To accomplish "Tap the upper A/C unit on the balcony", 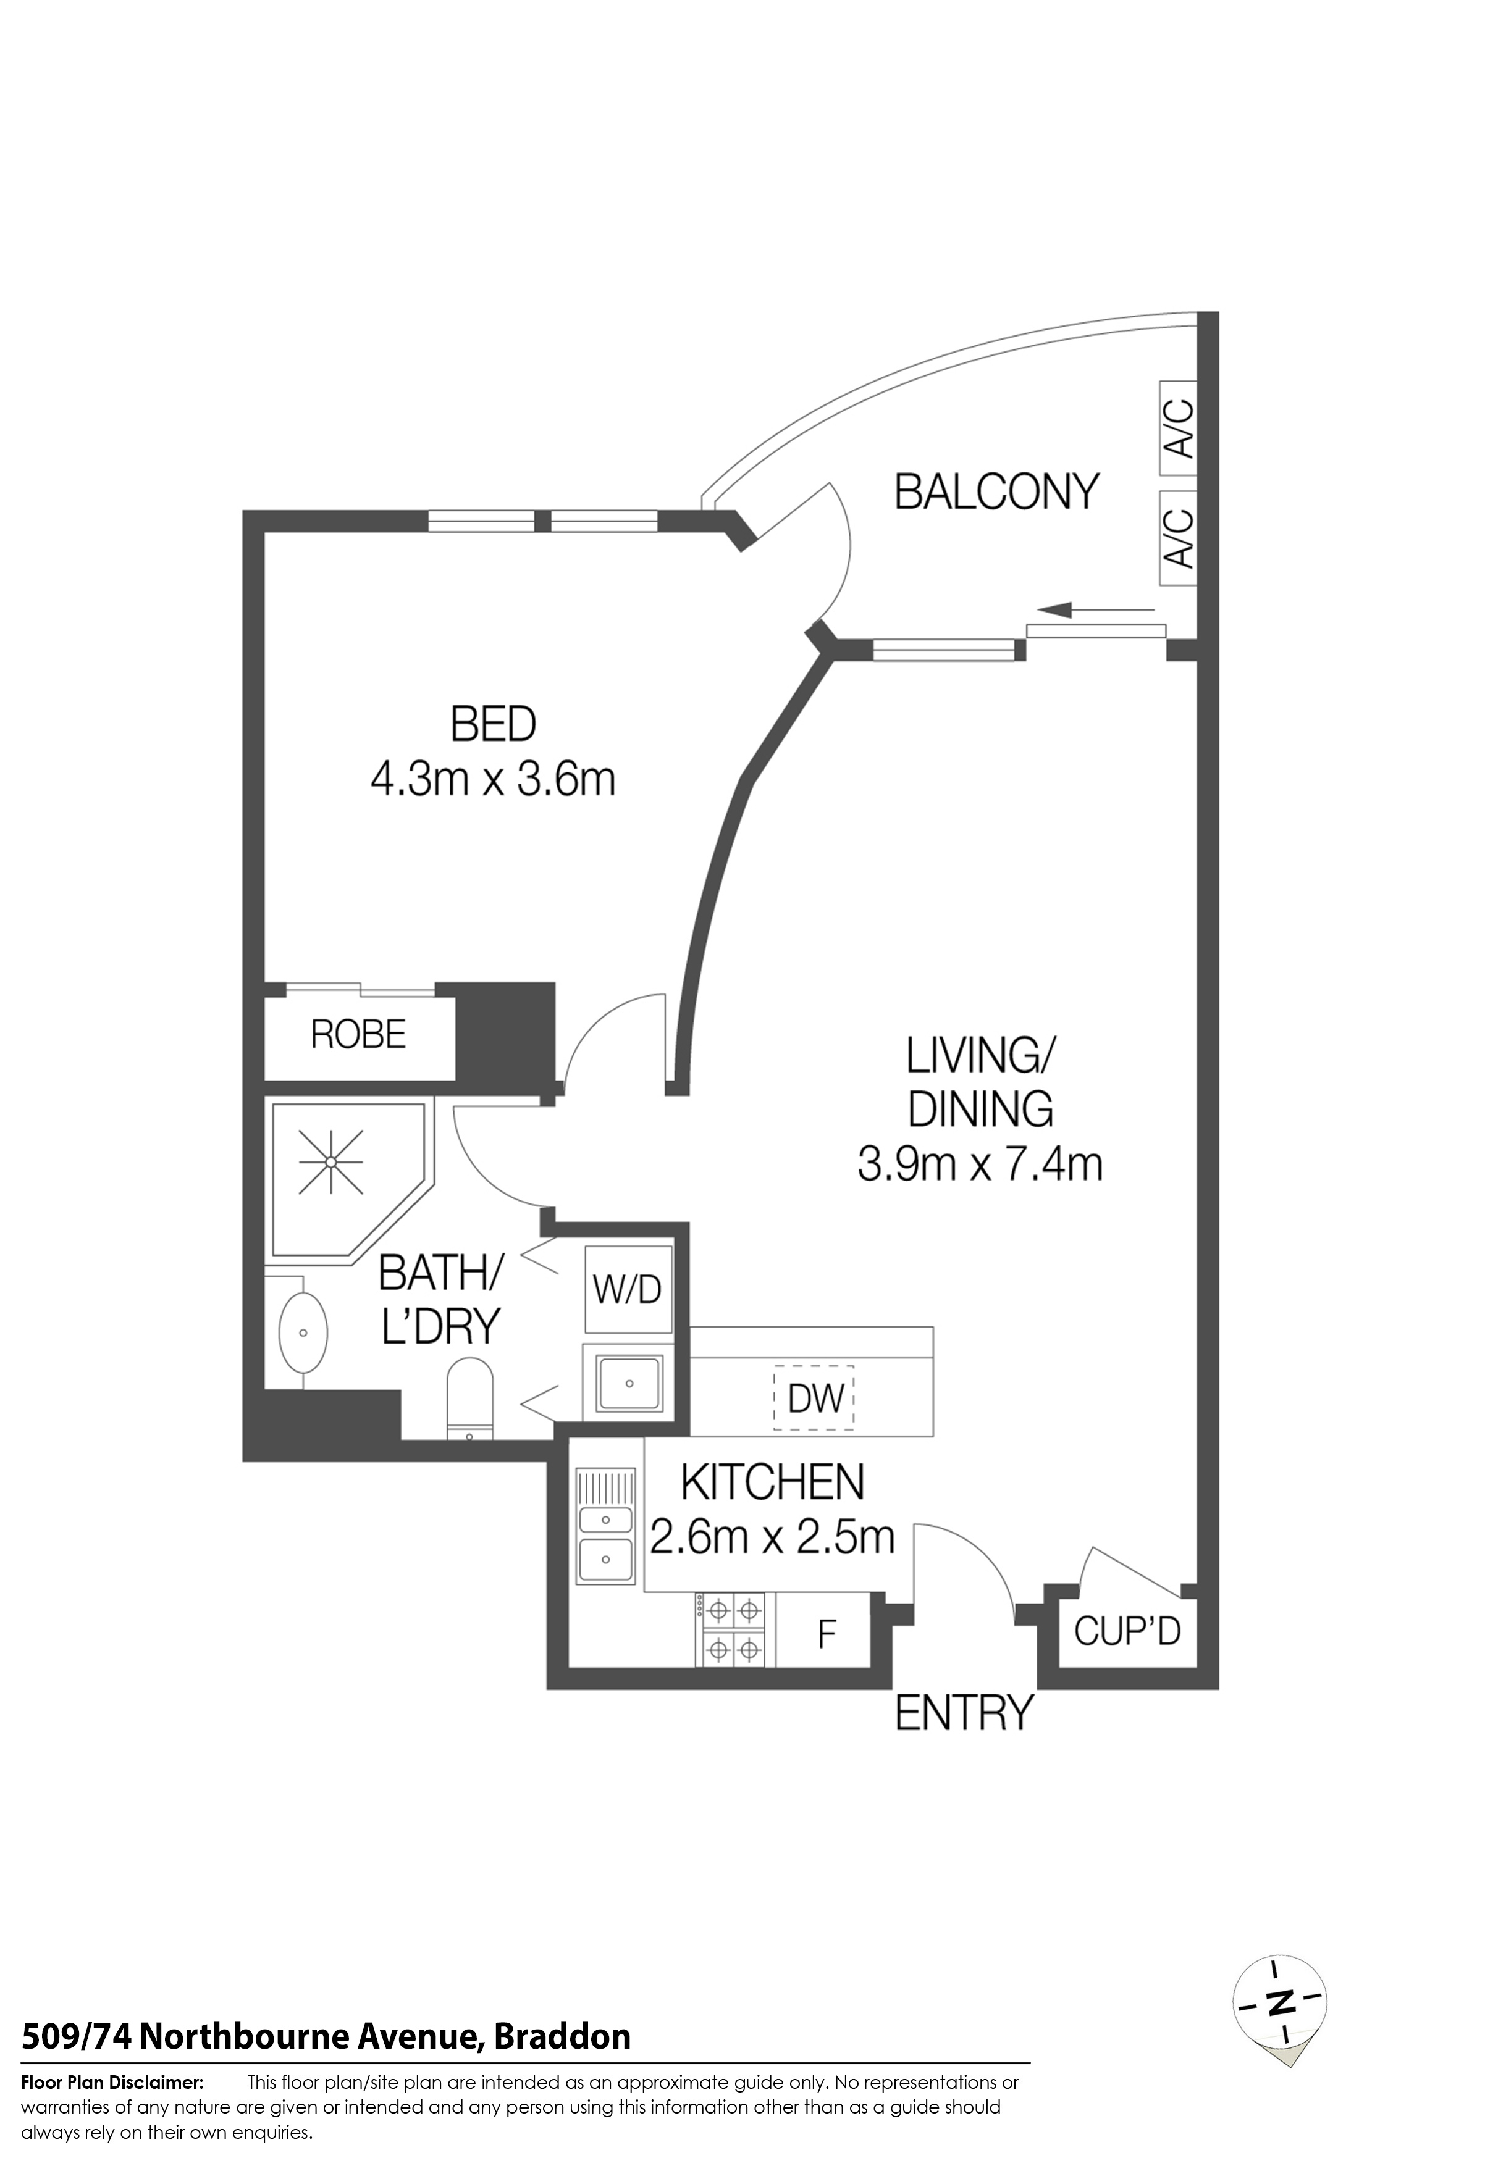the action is [x=1179, y=428].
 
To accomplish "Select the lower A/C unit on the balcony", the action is [x=1179, y=538].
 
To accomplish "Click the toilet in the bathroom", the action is [x=471, y=1398].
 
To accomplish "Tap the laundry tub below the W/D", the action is [x=629, y=1383].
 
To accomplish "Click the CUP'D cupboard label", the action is [x=1127, y=1630].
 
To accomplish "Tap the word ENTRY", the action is [x=965, y=1712].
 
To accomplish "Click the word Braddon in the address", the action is [x=562, y=2036].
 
